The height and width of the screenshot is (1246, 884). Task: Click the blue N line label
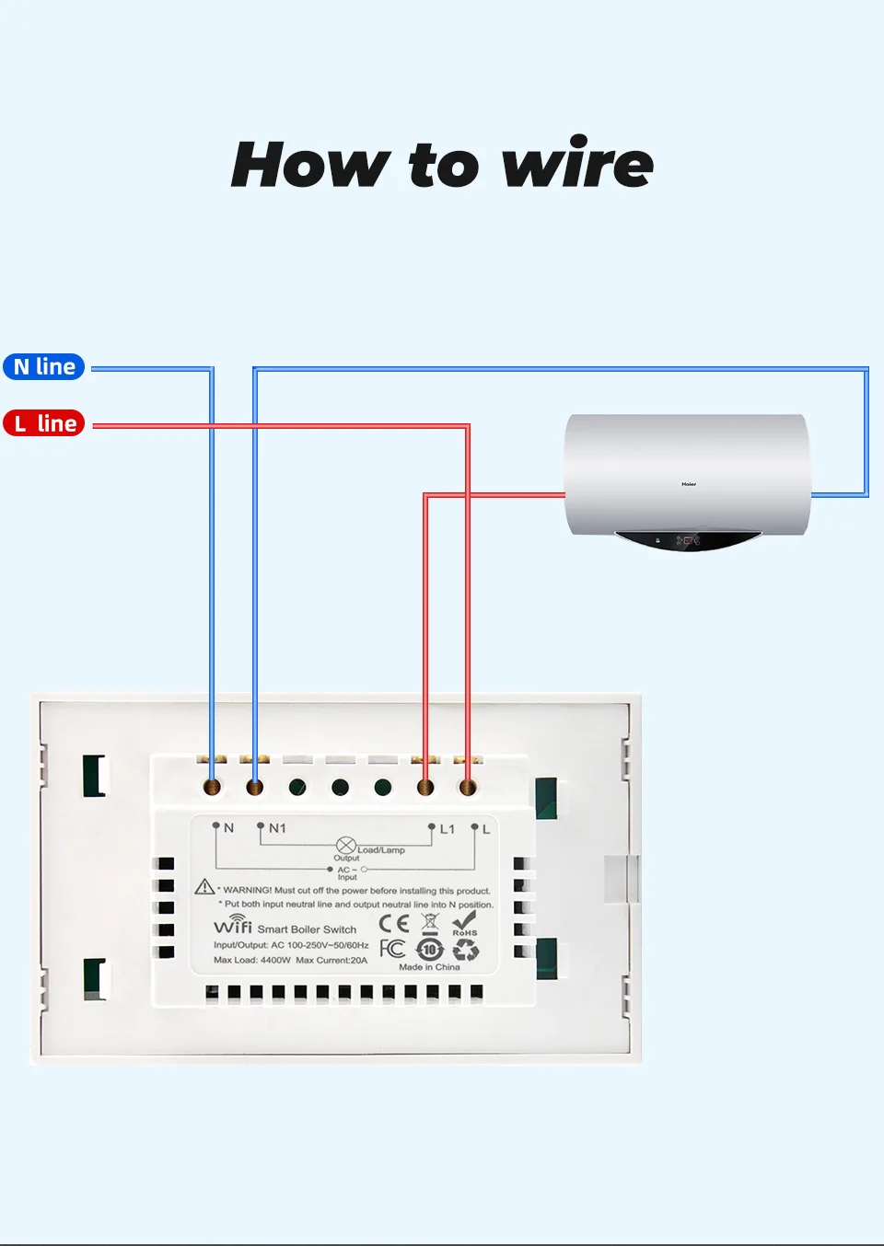[x=44, y=367]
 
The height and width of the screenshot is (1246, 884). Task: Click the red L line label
[x=44, y=423]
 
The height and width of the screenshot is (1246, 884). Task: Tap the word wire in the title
[x=577, y=165]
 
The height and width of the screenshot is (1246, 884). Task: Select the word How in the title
[x=310, y=165]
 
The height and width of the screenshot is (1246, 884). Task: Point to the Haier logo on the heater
[x=689, y=483]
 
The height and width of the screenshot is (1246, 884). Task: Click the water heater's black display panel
[x=686, y=540]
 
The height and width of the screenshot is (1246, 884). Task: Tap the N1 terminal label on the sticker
[x=277, y=828]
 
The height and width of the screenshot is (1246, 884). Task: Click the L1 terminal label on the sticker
[x=448, y=829]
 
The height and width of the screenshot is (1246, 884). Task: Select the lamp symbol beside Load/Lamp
[x=345, y=846]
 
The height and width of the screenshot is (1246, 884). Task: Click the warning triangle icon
[x=204, y=887]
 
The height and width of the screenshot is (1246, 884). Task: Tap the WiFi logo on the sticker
[x=233, y=925]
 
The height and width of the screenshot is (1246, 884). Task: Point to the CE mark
[x=394, y=923]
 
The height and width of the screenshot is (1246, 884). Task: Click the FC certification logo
[x=392, y=948]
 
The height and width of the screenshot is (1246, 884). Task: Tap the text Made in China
[x=429, y=967]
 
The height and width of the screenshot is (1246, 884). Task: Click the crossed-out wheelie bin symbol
[x=430, y=923]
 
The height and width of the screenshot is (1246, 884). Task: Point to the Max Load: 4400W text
[x=251, y=960]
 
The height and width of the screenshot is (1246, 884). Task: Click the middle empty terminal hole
[x=340, y=787]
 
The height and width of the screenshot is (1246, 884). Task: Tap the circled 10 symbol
[x=430, y=949]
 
